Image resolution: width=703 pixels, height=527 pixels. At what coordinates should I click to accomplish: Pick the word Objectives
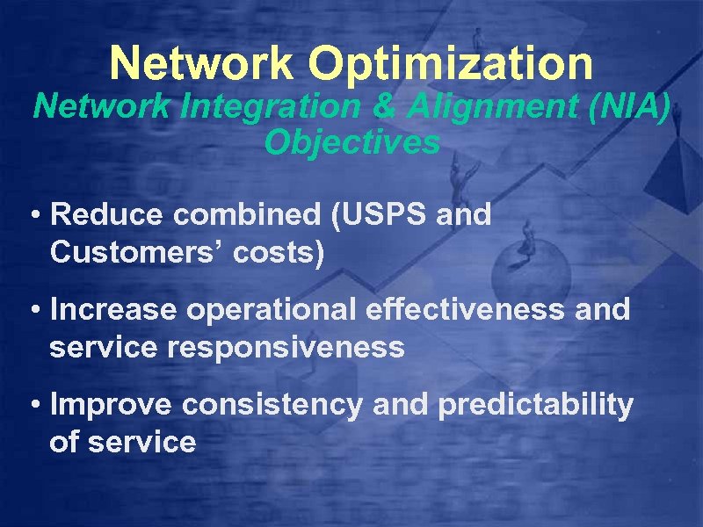[x=351, y=141]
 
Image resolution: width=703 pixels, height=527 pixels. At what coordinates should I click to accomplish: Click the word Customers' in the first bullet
[x=141, y=253]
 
